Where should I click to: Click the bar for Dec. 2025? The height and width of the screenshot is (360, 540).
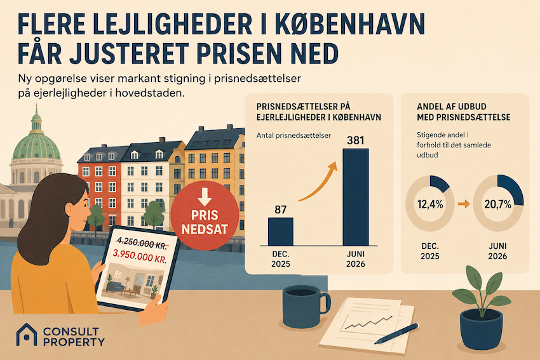pyautogui.click(x=281, y=231)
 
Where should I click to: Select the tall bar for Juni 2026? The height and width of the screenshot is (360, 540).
pyautogui.click(x=355, y=197)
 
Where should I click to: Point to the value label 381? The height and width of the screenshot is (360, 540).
pyautogui.click(x=355, y=140)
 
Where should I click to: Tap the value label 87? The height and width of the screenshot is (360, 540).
pyautogui.click(x=281, y=210)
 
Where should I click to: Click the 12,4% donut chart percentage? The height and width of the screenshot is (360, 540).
pyautogui.click(x=430, y=204)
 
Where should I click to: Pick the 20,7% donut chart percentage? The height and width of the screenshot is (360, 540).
pyautogui.click(x=498, y=204)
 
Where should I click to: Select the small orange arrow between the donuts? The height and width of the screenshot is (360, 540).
pyautogui.click(x=464, y=204)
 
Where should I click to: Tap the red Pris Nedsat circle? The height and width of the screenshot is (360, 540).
pyautogui.click(x=205, y=215)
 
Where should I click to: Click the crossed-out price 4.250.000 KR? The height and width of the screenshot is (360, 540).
pyautogui.click(x=140, y=243)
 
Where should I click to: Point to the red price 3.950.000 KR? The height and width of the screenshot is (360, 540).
pyautogui.click(x=140, y=257)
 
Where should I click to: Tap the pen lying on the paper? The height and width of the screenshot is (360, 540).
pyautogui.click(x=396, y=333)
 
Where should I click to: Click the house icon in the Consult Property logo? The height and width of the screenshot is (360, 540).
pyautogui.click(x=27, y=334)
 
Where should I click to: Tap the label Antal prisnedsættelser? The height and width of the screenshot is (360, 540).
pyautogui.click(x=294, y=135)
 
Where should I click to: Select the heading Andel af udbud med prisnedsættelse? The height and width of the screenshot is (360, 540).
pyautogui.click(x=463, y=112)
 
